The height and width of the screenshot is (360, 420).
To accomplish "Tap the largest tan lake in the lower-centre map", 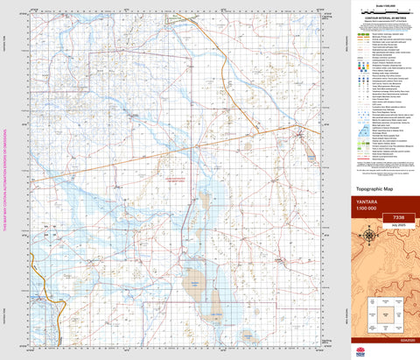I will pos(193,282).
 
